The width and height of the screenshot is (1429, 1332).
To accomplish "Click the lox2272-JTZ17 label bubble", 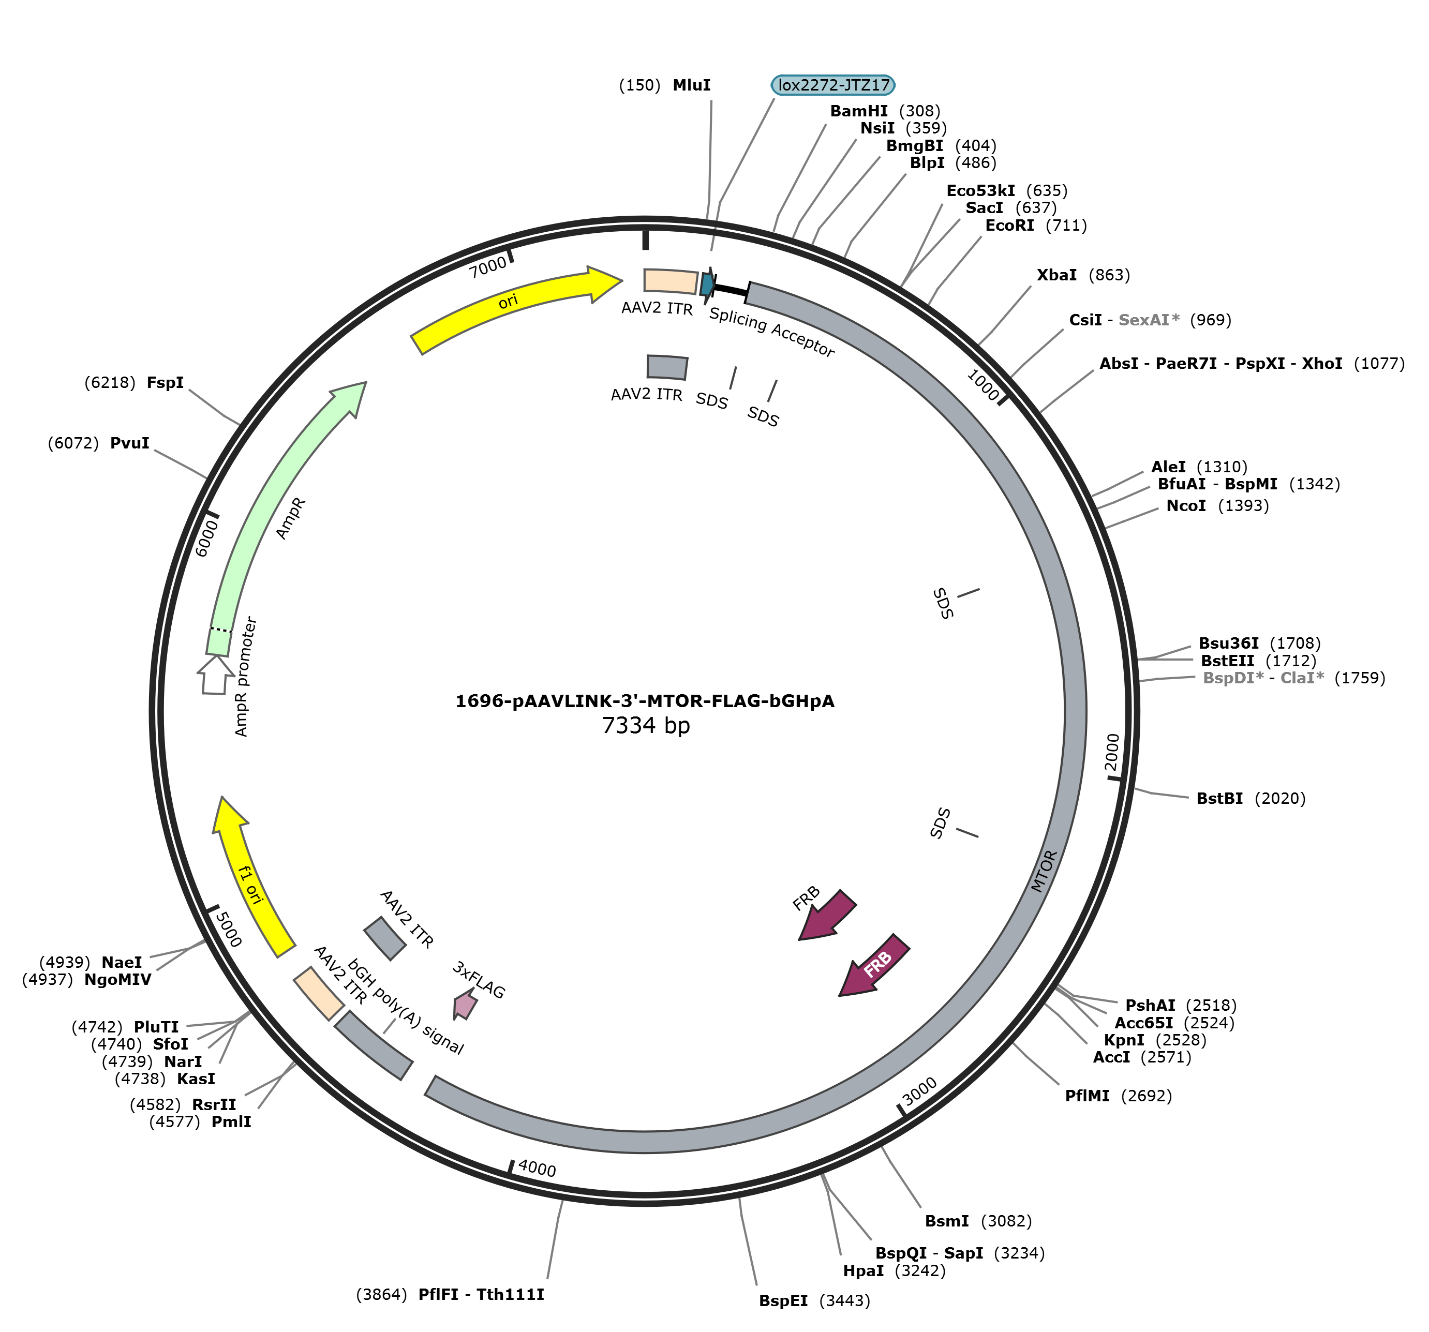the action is (833, 85).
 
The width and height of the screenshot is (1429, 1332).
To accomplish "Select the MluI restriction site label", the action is (692, 85).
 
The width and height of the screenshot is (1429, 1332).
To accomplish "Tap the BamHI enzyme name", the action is (859, 111).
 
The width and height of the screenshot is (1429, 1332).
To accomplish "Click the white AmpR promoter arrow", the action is (215, 675).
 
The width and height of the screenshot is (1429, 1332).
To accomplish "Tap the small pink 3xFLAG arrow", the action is (465, 1004).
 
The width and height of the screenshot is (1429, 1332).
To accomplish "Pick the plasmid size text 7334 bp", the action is (646, 725).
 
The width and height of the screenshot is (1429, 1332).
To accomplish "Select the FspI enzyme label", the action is (166, 382).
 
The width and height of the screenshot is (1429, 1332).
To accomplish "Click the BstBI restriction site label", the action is (1220, 798).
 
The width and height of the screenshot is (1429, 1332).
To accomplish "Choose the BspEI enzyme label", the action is (783, 1300).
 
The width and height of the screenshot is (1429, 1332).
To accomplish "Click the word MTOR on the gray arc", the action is (1045, 871).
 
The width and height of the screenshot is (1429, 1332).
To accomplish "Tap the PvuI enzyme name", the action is (130, 443).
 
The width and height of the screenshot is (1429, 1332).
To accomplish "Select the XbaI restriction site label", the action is (1056, 275).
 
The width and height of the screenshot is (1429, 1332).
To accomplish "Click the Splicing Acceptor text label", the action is (772, 332).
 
